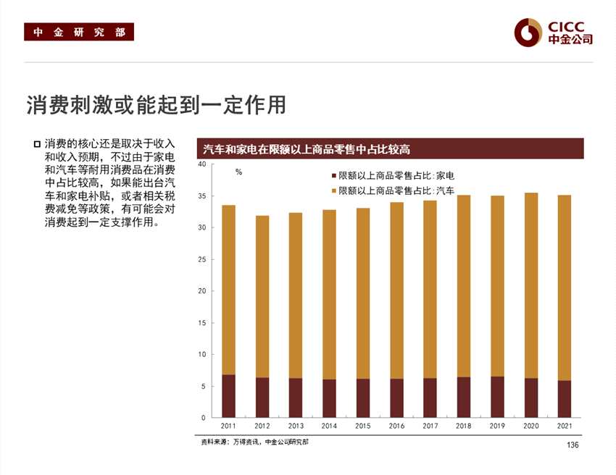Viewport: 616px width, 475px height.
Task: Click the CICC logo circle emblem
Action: [x=528, y=31]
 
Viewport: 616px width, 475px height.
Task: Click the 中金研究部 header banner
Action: [x=79, y=32]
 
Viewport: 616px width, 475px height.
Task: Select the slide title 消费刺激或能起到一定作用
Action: [x=156, y=105]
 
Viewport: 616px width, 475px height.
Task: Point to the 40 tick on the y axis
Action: [x=202, y=164]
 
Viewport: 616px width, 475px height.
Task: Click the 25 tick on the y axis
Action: [x=202, y=259]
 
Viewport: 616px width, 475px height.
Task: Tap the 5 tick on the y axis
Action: [x=204, y=386]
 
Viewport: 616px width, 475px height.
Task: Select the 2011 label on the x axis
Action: [x=228, y=426]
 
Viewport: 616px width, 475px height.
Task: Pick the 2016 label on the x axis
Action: [x=396, y=426]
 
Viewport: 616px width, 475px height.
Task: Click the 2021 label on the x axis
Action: [x=565, y=426]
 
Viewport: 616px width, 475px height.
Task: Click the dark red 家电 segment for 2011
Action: [x=228, y=396]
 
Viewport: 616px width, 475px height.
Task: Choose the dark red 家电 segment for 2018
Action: [x=464, y=398]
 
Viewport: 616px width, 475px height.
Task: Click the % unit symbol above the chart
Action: [x=238, y=173]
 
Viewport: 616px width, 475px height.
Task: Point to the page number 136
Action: [x=573, y=445]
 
